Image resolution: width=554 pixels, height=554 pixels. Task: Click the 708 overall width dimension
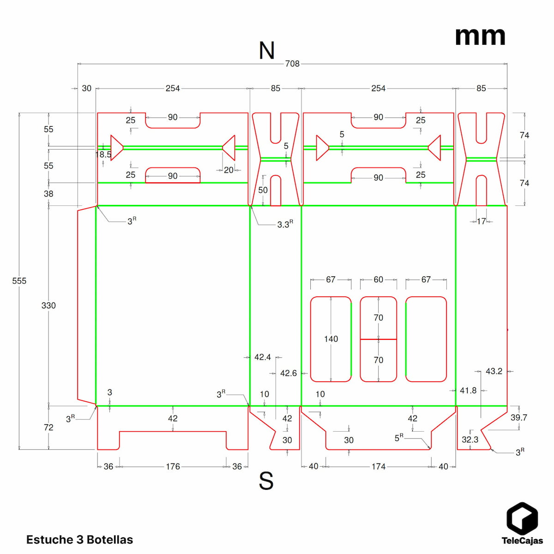pos(292,64)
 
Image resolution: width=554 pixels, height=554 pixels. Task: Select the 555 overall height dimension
pos(19,281)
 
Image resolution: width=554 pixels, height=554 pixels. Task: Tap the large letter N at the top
pos(267,50)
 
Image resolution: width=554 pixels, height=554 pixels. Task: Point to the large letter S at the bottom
pos(266,481)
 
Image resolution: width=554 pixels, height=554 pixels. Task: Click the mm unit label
pos(480,36)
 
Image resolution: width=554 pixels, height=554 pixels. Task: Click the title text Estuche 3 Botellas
pos(79,540)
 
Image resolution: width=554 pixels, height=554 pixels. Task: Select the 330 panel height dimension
pos(48,305)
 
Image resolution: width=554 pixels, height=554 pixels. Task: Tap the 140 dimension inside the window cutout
pos(331,339)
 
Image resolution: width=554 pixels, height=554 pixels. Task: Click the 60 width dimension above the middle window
pos(378,280)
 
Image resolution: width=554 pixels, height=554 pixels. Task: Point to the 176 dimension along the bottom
pos(173,466)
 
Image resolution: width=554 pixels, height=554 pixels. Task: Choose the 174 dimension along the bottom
pos(379,466)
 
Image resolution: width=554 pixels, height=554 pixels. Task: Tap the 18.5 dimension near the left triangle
pos(104,154)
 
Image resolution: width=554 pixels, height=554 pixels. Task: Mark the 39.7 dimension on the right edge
pos(518,417)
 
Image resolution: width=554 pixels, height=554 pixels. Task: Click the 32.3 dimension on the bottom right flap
pos(470,440)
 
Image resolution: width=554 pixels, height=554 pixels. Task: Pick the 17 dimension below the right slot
pos(482,222)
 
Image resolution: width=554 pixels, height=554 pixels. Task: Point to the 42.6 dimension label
pos(289,373)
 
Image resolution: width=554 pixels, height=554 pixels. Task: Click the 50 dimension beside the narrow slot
pos(263,190)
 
